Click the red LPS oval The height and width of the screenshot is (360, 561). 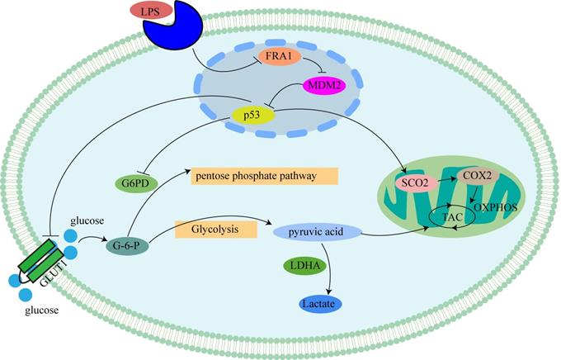pos(150,11)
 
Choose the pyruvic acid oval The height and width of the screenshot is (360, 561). pos(314,235)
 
